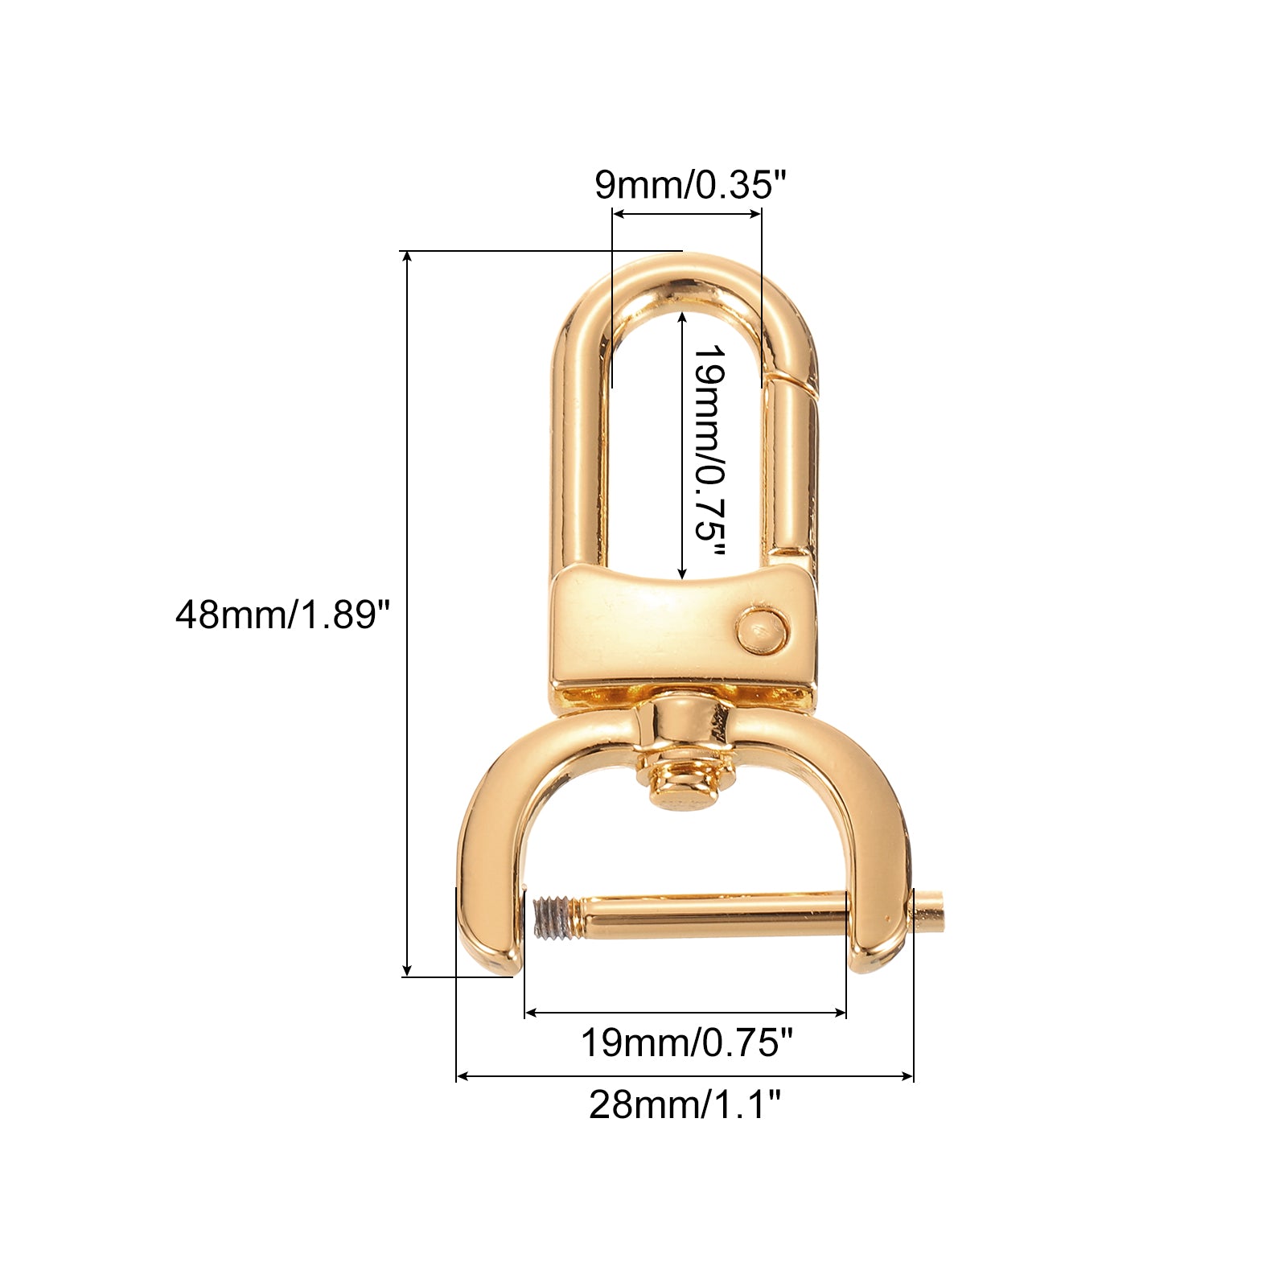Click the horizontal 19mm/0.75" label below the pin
click(x=687, y=1043)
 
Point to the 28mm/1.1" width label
click(x=685, y=1104)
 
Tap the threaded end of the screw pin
click(x=552, y=919)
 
